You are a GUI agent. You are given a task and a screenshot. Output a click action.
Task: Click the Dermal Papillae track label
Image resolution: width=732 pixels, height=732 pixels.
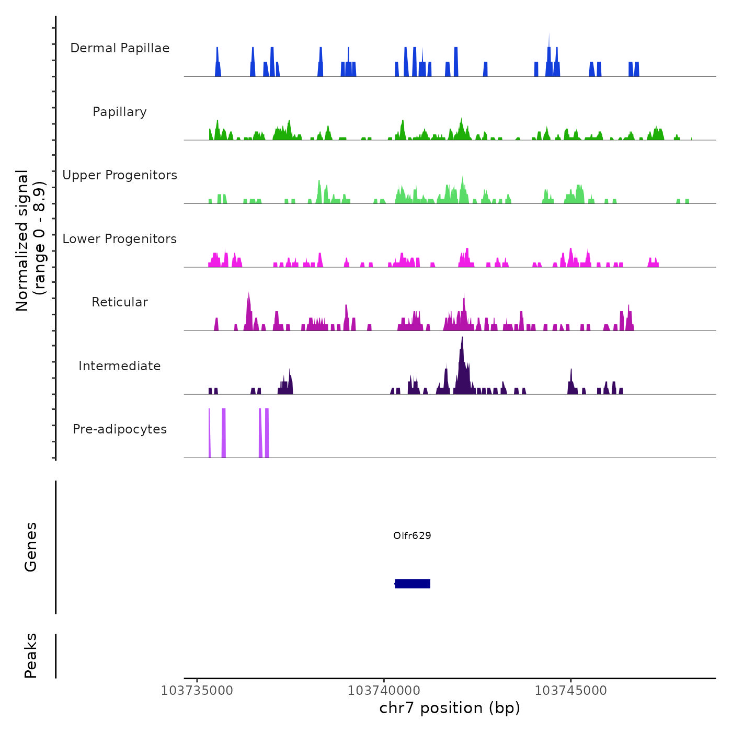tap(120, 48)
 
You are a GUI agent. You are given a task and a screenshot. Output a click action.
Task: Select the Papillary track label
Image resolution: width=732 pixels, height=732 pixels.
tap(120, 112)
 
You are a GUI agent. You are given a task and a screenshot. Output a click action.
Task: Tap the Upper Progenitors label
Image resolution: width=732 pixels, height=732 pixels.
tap(120, 175)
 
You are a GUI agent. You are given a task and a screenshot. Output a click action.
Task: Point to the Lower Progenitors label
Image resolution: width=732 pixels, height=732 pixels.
tap(120, 239)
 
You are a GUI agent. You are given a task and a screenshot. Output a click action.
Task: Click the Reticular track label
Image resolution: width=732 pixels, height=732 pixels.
tap(120, 302)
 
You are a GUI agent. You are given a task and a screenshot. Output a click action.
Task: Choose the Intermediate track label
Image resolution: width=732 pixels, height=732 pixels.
tap(120, 366)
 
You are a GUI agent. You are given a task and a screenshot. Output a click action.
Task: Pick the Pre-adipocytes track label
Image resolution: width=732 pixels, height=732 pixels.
tap(120, 429)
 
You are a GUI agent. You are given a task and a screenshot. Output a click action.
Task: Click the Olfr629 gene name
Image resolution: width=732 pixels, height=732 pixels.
tap(412, 535)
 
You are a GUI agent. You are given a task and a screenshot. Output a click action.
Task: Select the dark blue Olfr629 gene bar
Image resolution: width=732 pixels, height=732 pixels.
tap(413, 584)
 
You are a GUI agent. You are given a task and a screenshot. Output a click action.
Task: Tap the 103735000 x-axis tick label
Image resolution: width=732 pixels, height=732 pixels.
tap(197, 690)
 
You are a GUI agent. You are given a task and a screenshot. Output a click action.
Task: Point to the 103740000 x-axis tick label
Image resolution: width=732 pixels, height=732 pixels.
tap(384, 690)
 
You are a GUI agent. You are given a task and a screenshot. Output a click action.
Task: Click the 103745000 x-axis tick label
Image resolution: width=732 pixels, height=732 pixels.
tap(571, 690)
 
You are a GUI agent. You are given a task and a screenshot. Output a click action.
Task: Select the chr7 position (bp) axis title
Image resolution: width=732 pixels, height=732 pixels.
tap(450, 708)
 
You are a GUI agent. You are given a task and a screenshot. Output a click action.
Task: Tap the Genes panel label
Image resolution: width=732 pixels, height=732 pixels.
tap(31, 547)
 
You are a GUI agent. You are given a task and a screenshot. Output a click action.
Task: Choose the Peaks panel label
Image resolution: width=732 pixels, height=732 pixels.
tap(31, 656)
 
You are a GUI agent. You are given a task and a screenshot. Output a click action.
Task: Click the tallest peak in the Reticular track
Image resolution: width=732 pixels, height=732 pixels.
tap(248, 294)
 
